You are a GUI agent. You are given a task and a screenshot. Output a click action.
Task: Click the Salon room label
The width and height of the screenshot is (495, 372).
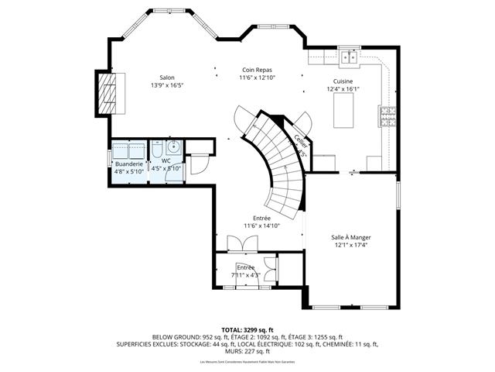[x=166, y=77]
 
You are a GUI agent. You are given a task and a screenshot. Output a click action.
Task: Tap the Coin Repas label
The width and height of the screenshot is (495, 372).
[x=258, y=69]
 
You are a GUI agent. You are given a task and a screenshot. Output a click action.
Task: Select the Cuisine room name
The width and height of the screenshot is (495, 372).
[x=343, y=81]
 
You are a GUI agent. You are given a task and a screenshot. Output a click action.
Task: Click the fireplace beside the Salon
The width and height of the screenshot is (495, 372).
[x=111, y=93]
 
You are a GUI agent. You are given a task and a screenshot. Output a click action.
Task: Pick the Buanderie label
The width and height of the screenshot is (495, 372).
[x=128, y=164]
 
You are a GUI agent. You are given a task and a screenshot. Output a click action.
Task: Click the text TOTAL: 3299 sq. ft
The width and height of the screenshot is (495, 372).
[x=247, y=330]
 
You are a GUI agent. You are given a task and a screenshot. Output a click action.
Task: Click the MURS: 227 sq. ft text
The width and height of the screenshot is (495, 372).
[x=247, y=350]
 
